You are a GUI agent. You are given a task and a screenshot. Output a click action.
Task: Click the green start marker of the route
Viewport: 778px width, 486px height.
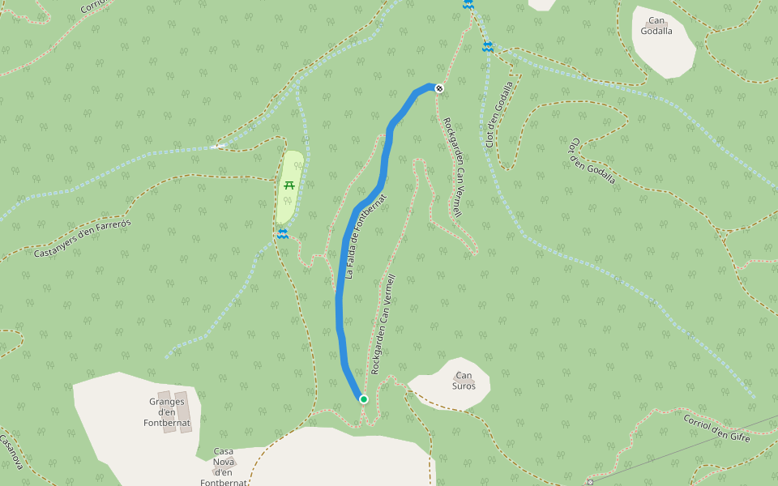coord(364,399)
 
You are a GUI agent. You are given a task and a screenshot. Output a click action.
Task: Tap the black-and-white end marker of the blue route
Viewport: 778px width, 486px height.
coord(439,87)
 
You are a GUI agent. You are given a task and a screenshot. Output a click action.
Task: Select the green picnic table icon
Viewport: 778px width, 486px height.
coord(289,185)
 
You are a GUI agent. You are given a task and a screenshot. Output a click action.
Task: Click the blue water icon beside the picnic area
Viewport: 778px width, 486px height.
coord(283,234)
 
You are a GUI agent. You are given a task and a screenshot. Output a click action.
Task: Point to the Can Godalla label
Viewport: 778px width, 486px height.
coord(656,26)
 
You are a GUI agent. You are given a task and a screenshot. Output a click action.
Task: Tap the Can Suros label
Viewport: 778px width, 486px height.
coord(464,381)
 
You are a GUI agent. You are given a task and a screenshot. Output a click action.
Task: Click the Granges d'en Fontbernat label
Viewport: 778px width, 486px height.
coord(167,411)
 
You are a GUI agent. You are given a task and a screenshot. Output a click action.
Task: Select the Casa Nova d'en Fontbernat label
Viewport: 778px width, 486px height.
coord(224,467)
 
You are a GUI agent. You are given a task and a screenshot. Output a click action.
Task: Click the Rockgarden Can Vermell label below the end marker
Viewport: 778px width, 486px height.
coord(452,167)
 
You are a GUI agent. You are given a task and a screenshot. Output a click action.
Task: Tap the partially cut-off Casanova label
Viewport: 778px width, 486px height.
coord(11,452)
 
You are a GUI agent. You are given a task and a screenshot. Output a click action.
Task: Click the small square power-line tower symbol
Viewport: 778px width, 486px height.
coord(590,482)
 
